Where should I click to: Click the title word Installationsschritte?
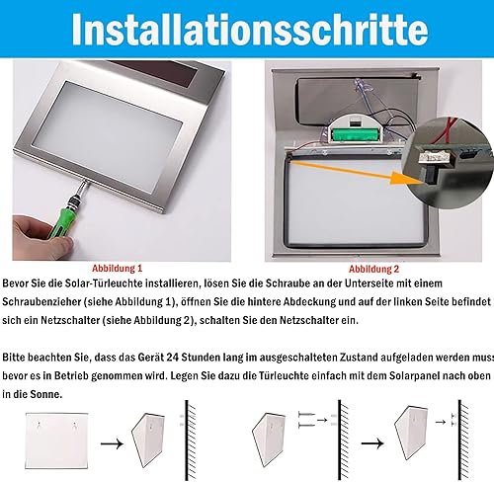[x=250, y=30]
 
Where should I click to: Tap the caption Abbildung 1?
[x=117, y=269]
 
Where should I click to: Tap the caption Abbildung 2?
[x=373, y=270]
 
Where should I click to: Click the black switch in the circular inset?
[x=429, y=176]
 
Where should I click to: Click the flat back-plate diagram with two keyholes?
[x=56, y=441]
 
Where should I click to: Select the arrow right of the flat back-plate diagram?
[x=112, y=443]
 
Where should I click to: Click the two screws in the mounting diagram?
[x=306, y=420]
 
